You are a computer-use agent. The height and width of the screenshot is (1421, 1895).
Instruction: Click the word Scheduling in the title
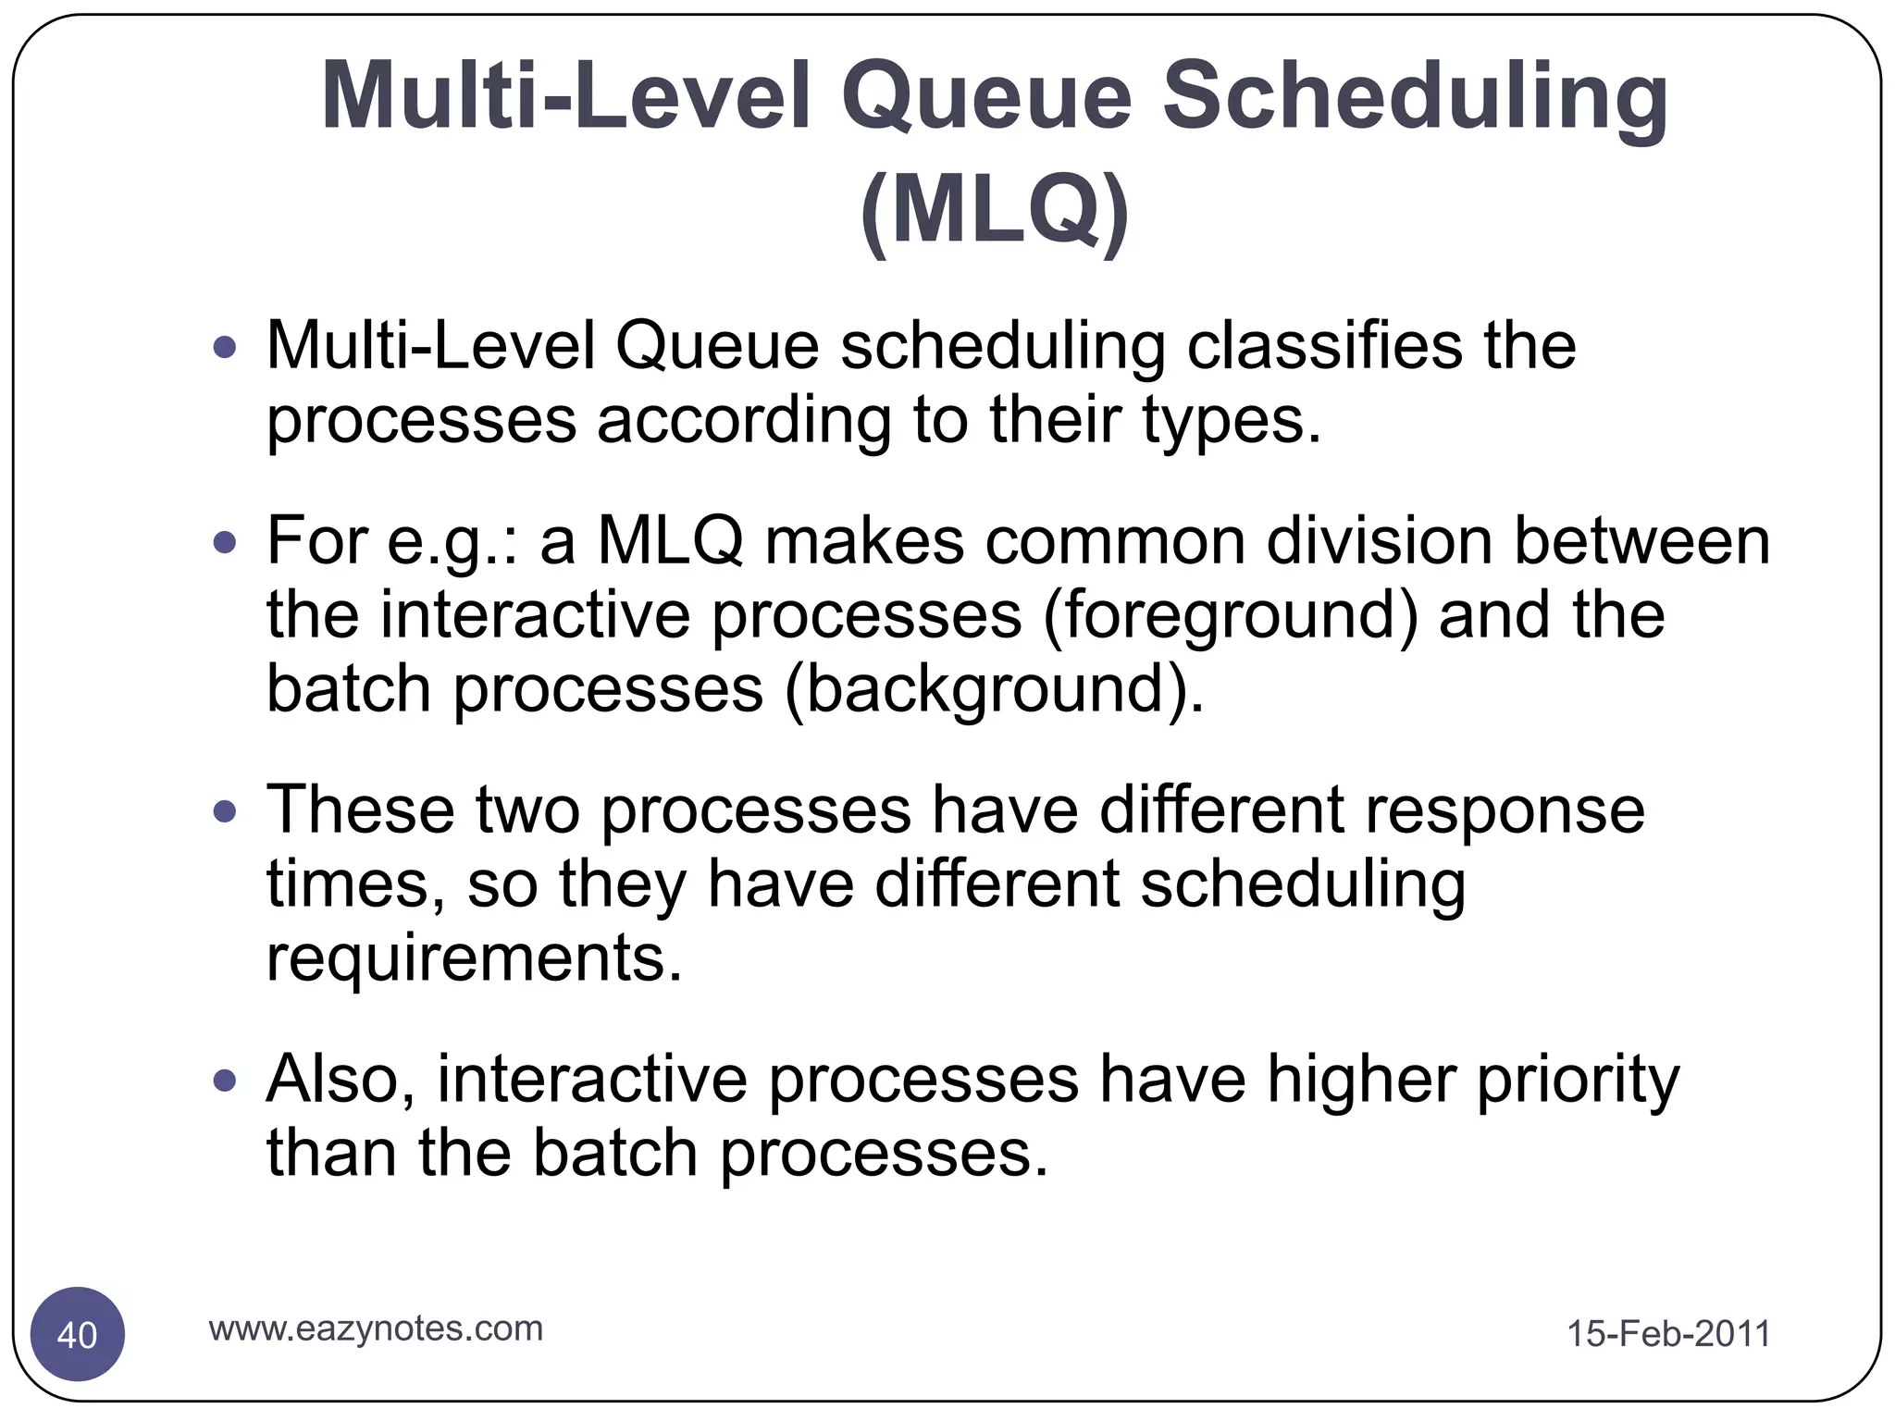(1416, 97)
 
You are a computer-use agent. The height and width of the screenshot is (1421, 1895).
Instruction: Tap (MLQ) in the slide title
(995, 211)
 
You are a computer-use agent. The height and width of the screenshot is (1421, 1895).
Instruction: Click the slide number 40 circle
(78, 1334)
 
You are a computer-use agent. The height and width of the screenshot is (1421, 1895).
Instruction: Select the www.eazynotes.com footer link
(376, 1328)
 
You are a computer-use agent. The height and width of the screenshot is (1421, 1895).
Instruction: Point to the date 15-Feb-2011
(1667, 1334)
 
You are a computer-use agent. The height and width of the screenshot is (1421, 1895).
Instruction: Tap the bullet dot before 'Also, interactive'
(225, 1080)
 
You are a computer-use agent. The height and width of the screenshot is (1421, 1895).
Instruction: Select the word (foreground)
(1230, 615)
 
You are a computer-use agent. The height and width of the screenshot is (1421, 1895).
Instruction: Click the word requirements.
(474, 959)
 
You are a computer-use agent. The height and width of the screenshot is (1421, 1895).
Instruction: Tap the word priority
(1578, 1080)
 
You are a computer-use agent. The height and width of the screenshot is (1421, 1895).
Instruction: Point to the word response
(1505, 810)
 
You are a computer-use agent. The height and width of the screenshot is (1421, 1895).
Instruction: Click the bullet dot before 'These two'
(225, 811)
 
